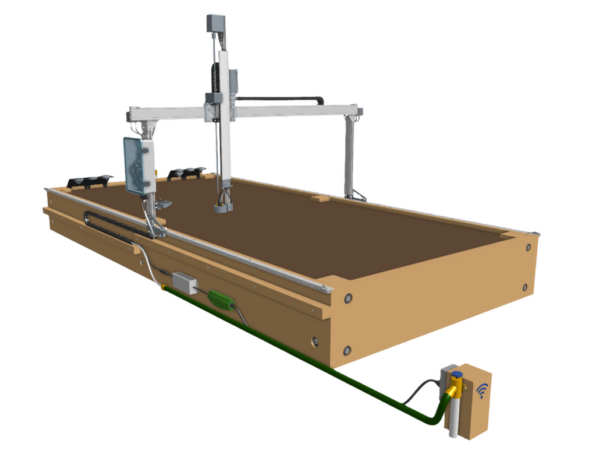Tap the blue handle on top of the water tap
click(457, 374)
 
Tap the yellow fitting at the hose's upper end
click(164, 286)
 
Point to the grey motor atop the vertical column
click(215, 23)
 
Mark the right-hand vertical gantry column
click(349, 157)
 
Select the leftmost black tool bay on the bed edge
click(88, 181)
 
